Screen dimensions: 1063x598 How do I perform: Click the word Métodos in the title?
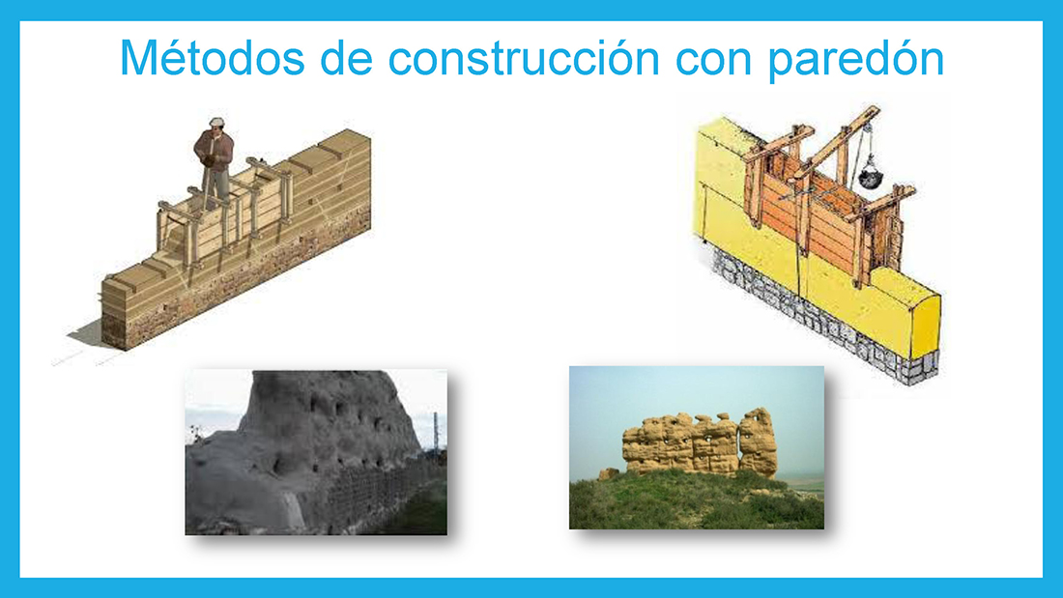(x=212, y=58)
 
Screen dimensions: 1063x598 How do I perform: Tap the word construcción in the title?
(x=524, y=58)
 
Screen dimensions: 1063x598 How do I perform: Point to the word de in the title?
(x=346, y=58)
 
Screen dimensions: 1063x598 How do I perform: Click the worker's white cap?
(x=216, y=122)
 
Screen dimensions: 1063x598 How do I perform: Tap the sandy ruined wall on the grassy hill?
(x=701, y=442)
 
